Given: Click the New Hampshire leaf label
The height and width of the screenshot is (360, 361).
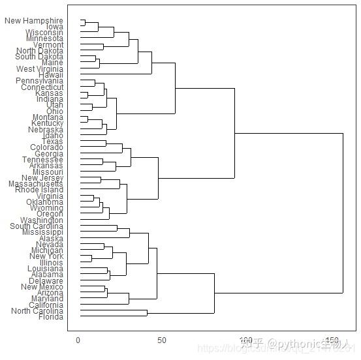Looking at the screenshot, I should pyautogui.click(x=34, y=21).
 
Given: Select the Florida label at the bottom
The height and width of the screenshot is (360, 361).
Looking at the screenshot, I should pyautogui.click(x=50, y=317).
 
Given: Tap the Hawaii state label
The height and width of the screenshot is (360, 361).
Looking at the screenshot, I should pyautogui.click(x=51, y=75).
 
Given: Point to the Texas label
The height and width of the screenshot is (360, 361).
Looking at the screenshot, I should pyautogui.click(x=52, y=142).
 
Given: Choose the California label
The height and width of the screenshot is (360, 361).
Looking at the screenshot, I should pyautogui.click(x=46, y=305).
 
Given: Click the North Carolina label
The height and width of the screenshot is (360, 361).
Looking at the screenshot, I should pyautogui.click(x=37, y=311).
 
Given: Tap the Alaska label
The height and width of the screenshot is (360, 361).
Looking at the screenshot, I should pyautogui.click(x=52, y=239).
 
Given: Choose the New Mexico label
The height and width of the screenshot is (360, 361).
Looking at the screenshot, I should pyautogui.click(x=42, y=287).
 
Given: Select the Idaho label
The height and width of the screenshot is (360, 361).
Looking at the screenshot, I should pyautogui.click(x=53, y=135).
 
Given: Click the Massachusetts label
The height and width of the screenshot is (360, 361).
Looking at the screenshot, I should pyautogui.click(x=37, y=184).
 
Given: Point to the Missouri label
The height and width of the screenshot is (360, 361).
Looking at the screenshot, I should pyautogui.click(x=48, y=172).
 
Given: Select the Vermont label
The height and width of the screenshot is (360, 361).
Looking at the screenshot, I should pyautogui.click(x=48, y=45).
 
